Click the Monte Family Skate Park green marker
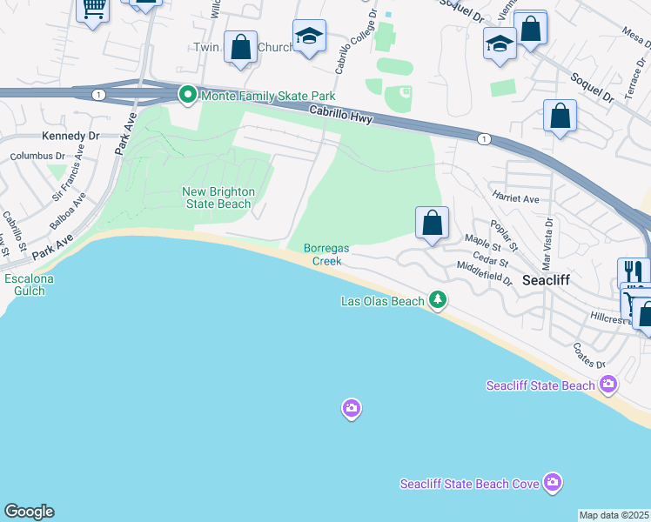(187, 95)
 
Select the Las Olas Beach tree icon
(438, 301)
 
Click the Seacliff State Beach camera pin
(607, 384)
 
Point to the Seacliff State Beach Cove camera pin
(552, 482)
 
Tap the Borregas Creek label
(326, 254)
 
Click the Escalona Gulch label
(30, 284)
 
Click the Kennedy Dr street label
(70, 137)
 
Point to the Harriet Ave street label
(516, 198)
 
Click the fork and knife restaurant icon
(634, 273)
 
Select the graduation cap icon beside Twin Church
(306, 37)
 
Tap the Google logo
(29, 512)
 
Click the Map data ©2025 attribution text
(614, 515)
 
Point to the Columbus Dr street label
(37, 157)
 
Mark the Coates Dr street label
(588, 355)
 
